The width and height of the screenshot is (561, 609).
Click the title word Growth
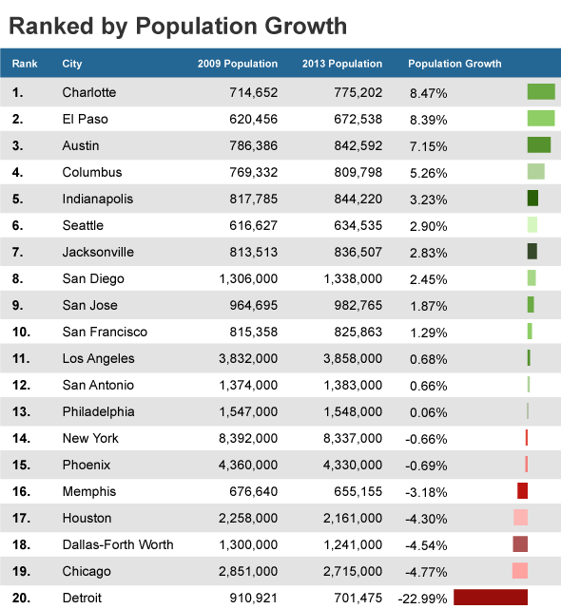305,26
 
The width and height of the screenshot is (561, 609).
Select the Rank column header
25,64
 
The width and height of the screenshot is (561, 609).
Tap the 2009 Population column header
238,64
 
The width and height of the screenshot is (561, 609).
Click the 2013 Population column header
342,64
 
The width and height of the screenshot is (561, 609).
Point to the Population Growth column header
455,64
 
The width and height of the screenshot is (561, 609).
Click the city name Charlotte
89,92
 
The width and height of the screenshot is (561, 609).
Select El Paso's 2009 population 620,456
254,119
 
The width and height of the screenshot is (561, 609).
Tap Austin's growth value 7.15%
429,146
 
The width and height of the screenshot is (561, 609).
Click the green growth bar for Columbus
535,172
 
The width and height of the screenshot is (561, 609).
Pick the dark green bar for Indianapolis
532,198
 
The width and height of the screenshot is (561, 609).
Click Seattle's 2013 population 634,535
358,225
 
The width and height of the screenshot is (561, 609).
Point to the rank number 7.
17,252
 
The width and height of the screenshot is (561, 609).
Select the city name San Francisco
105,332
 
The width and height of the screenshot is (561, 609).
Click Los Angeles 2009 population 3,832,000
248,358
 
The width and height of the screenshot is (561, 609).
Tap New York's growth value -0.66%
426,439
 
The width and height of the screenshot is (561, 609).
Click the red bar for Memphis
523,491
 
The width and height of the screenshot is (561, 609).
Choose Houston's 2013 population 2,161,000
353,518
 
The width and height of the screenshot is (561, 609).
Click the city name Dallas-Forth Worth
118,544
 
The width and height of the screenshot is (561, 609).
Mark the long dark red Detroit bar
491,598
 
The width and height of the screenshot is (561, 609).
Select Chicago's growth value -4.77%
426,572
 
